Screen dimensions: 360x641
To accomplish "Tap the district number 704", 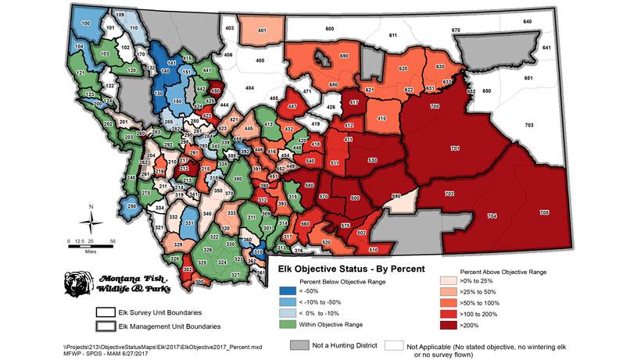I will tap(492, 215).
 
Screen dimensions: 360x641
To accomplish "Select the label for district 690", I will tap(344, 56).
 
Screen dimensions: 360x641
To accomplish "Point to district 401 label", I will tap(262, 31).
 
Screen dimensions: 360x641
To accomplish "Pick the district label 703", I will tap(529, 125).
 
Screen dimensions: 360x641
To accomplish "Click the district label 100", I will tap(83, 23).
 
